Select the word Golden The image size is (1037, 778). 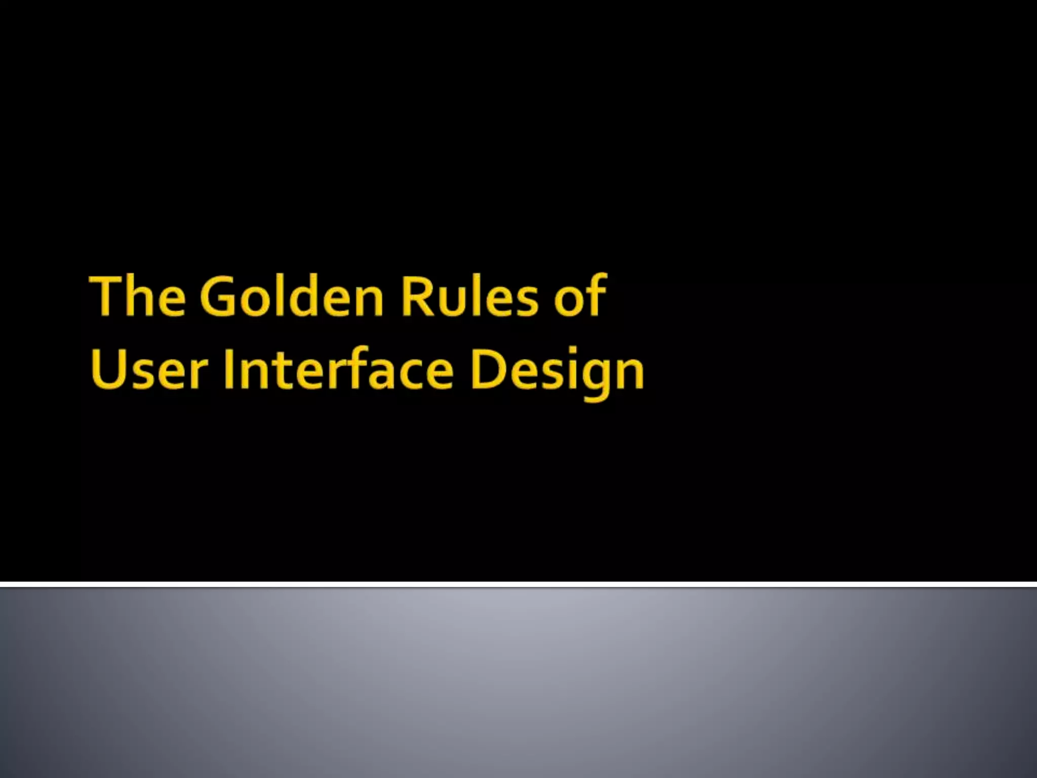[x=292, y=296]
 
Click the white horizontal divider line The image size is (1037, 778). [x=518, y=585]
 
